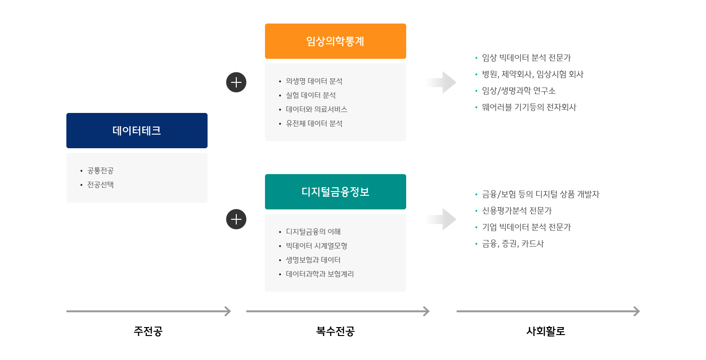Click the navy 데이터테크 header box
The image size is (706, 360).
pos(136,130)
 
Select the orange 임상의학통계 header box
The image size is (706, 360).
pos(335,41)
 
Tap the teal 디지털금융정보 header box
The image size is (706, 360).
pos(335,192)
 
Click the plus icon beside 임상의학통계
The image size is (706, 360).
pos(236,82)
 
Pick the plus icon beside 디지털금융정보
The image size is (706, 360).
pos(236,219)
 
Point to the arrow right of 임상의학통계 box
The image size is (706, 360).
pos(441,82)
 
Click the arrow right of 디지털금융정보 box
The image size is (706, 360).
pos(441,219)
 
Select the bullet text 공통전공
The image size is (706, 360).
pos(100,170)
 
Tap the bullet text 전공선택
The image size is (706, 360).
pos(100,184)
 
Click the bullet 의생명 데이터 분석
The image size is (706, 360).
pos(314,81)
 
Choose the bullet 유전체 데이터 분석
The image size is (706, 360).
pos(314,123)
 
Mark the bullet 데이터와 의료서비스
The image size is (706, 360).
pos(316,109)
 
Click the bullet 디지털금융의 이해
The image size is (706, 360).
pos(313,232)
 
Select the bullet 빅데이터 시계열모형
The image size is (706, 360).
pos(316,246)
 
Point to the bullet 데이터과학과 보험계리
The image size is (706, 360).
pos(320,274)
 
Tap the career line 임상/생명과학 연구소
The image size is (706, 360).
pos(519,91)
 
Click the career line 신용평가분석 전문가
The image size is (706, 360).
pos(517,211)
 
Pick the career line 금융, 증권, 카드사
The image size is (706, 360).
pos(513,244)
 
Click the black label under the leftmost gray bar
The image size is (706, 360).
pos(148,331)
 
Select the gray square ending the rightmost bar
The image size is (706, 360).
pos(636,311)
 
